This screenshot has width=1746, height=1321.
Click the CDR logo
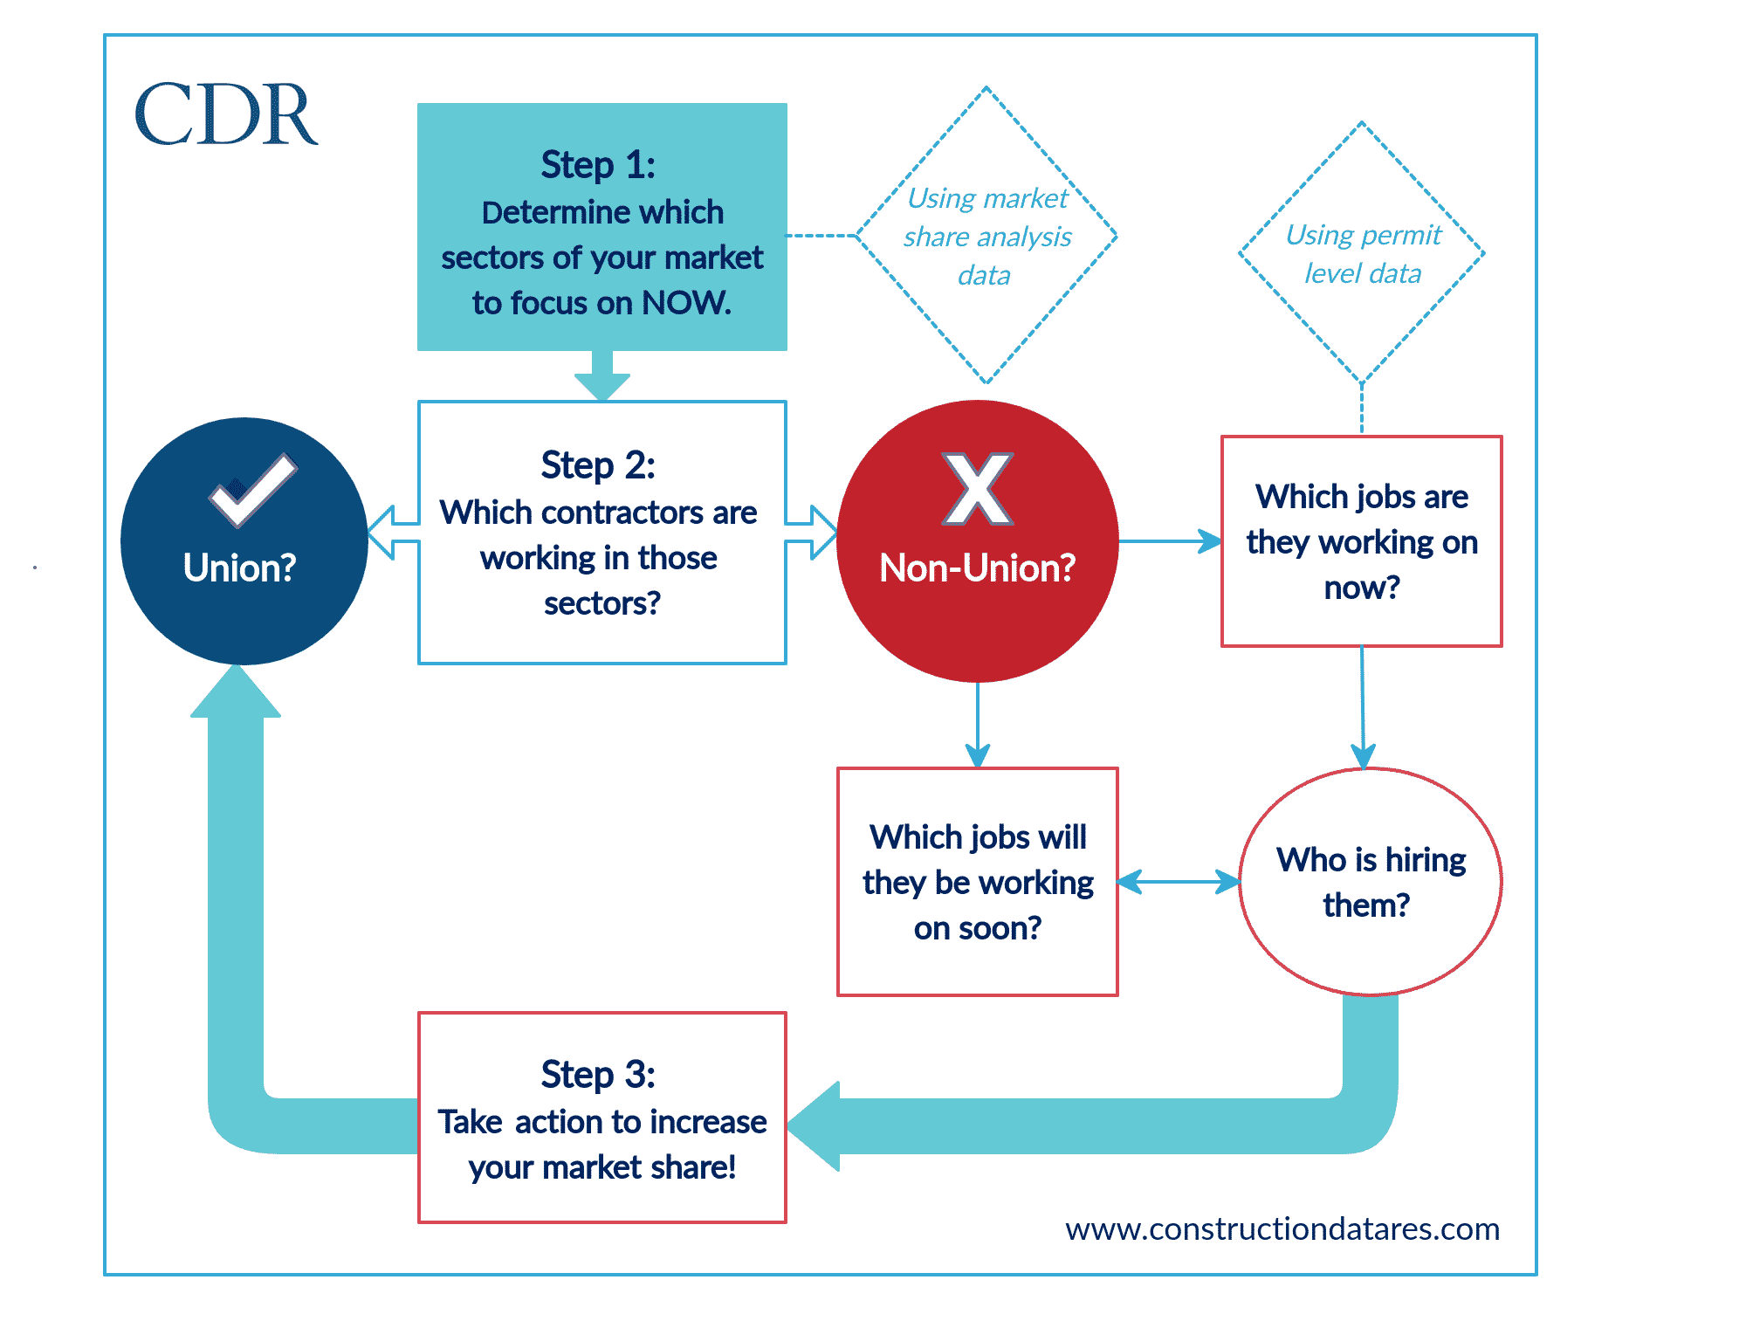[x=226, y=114]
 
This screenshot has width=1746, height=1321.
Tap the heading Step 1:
[x=598, y=164]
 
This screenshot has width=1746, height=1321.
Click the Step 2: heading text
[x=598, y=464]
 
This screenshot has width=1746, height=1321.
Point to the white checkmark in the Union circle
[x=253, y=491]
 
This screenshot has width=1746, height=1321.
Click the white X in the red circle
[x=978, y=488]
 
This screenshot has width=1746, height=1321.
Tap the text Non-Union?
[x=977, y=568]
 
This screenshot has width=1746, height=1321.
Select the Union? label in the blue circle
[x=239, y=568]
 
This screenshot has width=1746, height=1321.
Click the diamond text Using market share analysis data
[x=986, y=237]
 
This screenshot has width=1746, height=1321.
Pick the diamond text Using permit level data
[x=1363, y=254]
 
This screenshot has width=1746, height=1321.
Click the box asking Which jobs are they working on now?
[x=1362, y=541]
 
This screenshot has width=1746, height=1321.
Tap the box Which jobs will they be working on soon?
[x=978, y=882]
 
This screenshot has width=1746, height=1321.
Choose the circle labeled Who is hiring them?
[x=1371, y=882]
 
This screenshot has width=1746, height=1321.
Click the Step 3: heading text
[x=598, y=1074]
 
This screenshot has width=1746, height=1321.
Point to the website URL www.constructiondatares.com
[x=1282, y=1229]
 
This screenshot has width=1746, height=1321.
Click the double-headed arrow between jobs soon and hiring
[x=1179, y=882]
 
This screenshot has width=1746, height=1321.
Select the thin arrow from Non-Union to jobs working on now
[x=1170, y=541]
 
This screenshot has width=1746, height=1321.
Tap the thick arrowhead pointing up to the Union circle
[x=236, y=691]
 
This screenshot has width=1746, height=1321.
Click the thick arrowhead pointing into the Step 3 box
[x=814, y=1126]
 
